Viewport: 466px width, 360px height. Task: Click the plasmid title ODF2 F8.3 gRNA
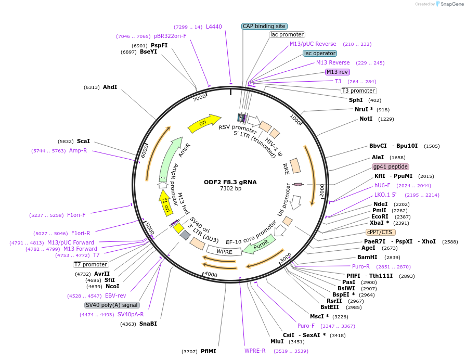point(230,182)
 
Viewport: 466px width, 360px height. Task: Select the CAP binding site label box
point(265,26)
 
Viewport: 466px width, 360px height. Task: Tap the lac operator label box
point(320,53)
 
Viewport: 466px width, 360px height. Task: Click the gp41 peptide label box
point(391,166)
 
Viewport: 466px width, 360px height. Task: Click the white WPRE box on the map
point(225,251)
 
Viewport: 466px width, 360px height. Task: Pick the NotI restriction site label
point(366,119)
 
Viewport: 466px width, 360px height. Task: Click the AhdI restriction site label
point(110,87)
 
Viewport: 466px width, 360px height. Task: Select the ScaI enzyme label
point(83,141)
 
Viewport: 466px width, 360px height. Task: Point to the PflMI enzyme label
point(208,351)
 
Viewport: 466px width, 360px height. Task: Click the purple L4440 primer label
point(214,27)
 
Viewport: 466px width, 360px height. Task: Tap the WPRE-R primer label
point(255,351)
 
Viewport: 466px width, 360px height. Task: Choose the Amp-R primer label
point(78,150)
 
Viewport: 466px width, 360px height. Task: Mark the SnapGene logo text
point(450,4)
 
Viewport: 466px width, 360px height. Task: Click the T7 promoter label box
point(90,264)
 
